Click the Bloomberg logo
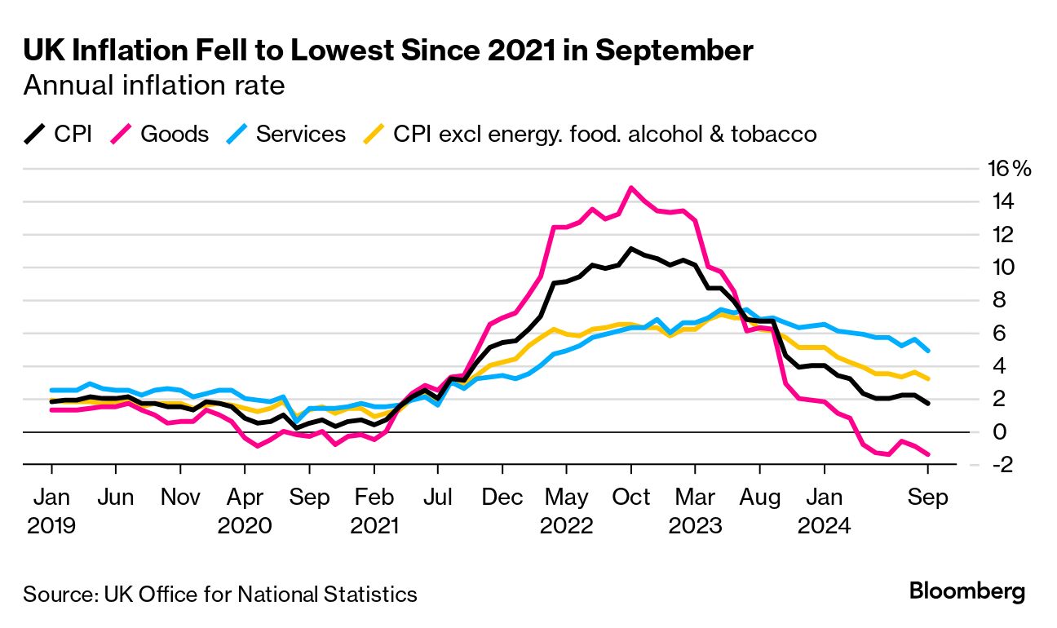coord(966,592)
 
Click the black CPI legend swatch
coord(34,134)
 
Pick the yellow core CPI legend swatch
coord(374,134)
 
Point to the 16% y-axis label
coord(1010,170)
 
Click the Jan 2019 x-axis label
coord(51,511)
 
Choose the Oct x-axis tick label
coord(630,497)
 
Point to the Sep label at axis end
coord(929,497)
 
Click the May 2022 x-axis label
coord(566,511)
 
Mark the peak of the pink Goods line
coord(630,188)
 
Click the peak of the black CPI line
coord(630,249)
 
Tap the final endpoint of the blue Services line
coord(929,351)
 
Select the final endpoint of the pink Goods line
coord(929,454)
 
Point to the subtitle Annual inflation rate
coord(154,85)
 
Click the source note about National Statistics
coord(220,594)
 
